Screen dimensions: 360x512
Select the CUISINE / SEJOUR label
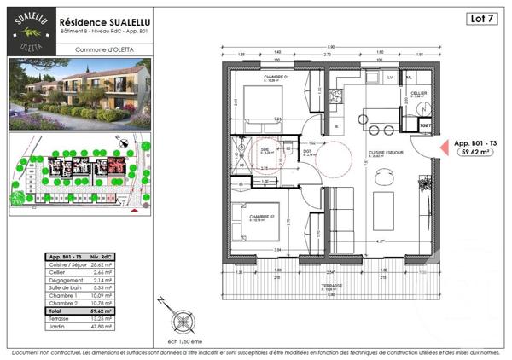pos(385,153)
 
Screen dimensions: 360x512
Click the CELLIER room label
pos(418,93)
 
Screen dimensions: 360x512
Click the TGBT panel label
pos(424,125)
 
